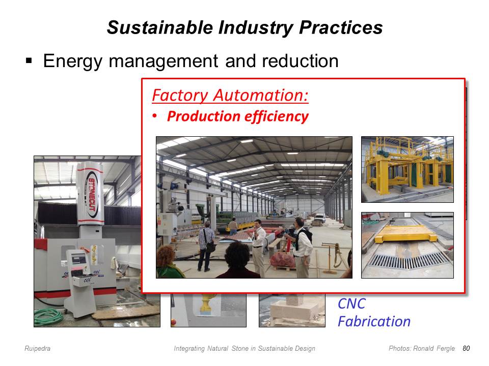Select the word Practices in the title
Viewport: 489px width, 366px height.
click(x=341, y=27)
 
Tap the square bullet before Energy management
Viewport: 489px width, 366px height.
click(x=29, y=60)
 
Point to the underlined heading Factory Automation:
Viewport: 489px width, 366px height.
click(x=230, y=95)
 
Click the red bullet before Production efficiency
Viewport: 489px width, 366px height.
click(x=155, y=116)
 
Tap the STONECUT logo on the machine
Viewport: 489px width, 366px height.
click(x=91, y=194)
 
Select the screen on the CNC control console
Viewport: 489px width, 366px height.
click(x=78, y=259)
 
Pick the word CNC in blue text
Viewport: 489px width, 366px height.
click(x=351, y=304)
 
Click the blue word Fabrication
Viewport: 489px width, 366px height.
click(x=374, y=321)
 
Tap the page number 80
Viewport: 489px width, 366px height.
click(x=466, y=348)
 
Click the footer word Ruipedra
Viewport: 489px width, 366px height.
click(x=37, y=348)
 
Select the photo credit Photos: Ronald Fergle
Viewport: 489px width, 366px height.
click(x=422, y=348)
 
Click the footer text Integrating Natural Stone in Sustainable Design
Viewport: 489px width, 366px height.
click(x=244, y=348)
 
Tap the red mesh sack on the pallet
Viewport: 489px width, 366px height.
click(x=282, y=260)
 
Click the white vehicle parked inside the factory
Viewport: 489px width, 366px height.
click(x=319, y=218)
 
